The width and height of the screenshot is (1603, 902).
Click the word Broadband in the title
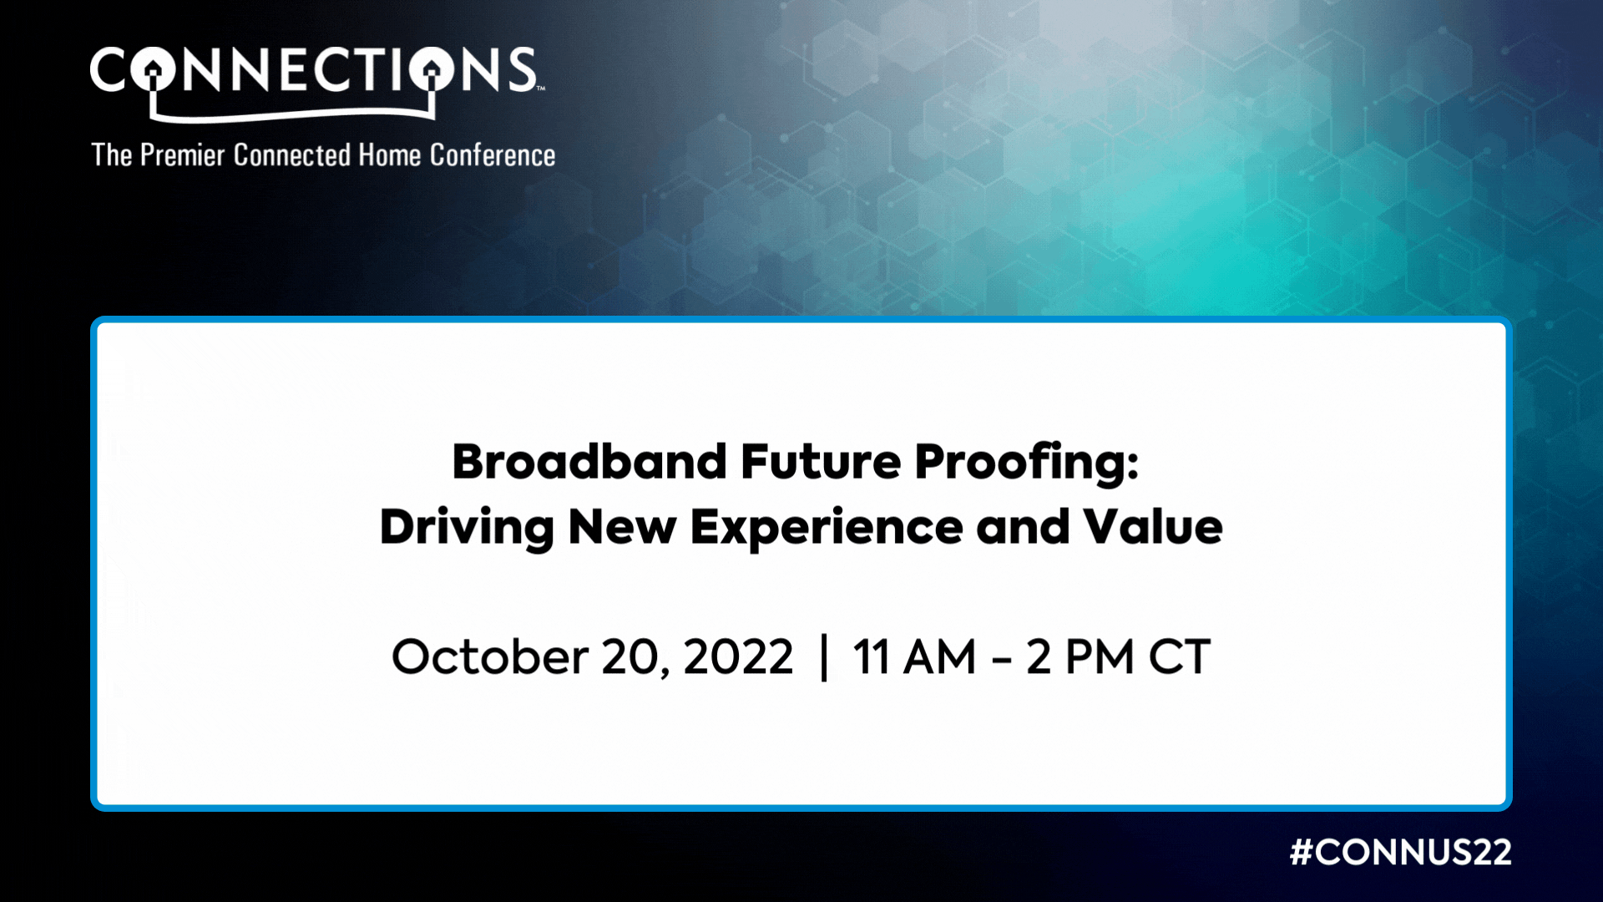[589, 462]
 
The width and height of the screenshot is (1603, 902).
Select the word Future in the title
[821, 462]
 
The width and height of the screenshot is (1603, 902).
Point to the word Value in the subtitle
[1153, 527]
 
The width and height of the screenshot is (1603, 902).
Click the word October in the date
[490, 656]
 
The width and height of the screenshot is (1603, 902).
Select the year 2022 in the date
[738, 656]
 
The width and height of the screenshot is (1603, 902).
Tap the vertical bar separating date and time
[824, 658]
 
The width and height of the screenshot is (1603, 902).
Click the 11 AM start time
[914, 656]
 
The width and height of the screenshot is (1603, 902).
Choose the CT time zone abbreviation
[1180, 656]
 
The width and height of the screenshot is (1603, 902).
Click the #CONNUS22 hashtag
[1401, 852]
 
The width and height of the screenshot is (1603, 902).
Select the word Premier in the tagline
[183, 155]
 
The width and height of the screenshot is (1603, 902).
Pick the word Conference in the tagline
[493, 155]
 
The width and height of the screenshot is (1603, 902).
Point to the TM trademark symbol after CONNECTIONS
[541, 88]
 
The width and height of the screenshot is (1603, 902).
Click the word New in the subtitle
[622, 527]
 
